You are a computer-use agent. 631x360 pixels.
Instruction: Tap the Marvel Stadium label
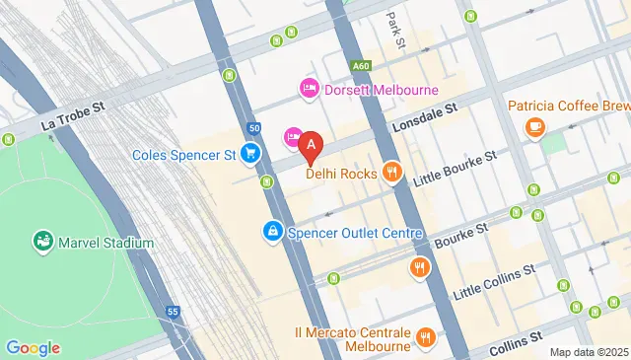105,243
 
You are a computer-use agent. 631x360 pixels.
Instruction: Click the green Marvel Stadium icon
41,240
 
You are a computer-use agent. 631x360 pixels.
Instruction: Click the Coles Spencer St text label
184,155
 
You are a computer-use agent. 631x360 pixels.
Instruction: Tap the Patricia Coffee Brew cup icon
534,126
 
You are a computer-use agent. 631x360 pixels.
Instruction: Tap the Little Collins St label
494,282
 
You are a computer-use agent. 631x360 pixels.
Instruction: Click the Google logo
33,348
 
